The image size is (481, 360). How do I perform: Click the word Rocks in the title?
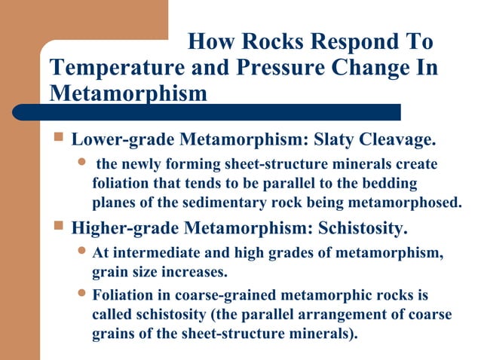pos(267,41)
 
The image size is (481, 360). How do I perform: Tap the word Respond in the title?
pos(348,41)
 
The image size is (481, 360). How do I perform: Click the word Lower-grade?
pos(115,139)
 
